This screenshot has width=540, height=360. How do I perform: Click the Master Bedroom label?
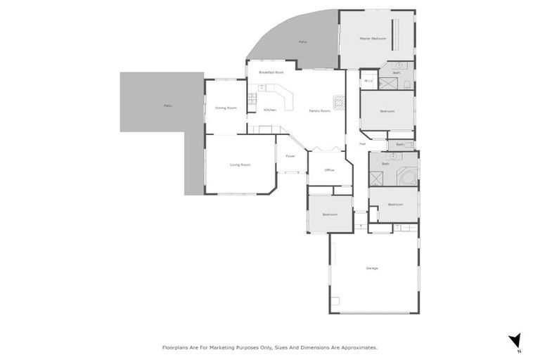pos(373,39)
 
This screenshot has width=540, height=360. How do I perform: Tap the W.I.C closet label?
pos(368,80)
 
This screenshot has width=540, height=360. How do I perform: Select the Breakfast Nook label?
pos(271,72)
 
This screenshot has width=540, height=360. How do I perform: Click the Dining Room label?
pos(226,108)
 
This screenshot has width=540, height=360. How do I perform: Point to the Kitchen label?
pos(270,110)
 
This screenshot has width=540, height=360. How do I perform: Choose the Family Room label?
pos(320,110)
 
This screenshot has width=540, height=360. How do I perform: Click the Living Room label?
pos(240,165)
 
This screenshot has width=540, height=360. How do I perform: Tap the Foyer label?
pos(290,156)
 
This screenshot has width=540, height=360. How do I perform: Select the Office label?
pos(329,170)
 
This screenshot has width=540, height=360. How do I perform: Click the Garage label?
pos(372,269)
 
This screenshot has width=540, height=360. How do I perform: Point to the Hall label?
pos(363,143)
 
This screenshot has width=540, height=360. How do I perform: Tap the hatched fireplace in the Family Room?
pos(339,103)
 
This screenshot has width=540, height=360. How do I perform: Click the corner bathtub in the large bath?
pos(407,176)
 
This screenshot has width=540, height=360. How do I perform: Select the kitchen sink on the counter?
pos(261,88)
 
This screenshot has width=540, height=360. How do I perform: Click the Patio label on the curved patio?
pos(302,42)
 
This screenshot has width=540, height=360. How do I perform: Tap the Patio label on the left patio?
pos(167,105)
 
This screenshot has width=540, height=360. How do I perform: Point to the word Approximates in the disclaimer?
pos(356,347)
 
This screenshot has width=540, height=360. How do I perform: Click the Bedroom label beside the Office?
pos(330,214)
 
